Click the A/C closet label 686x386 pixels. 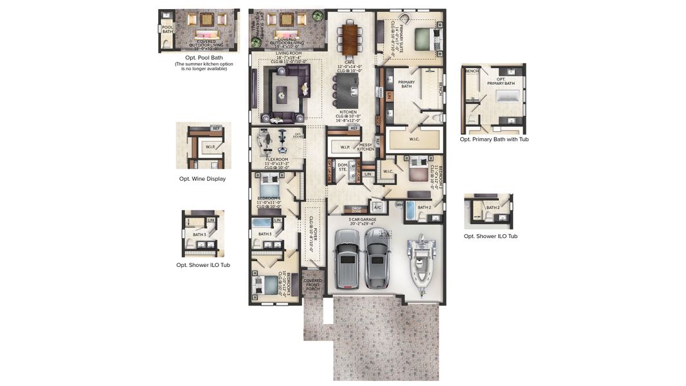point(377,207)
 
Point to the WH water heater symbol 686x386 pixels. point(399,205)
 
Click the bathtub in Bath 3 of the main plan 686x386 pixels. point(262,223)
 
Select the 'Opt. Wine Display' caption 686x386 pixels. point(202,179)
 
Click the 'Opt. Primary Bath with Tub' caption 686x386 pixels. point(494,139)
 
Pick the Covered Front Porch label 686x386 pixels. point(313,284)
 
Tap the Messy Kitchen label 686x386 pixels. point(365,147)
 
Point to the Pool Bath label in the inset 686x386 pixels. point(167,29)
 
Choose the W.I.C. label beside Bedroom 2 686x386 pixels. point(388,171)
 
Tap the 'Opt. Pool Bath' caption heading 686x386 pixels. point(204,57)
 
